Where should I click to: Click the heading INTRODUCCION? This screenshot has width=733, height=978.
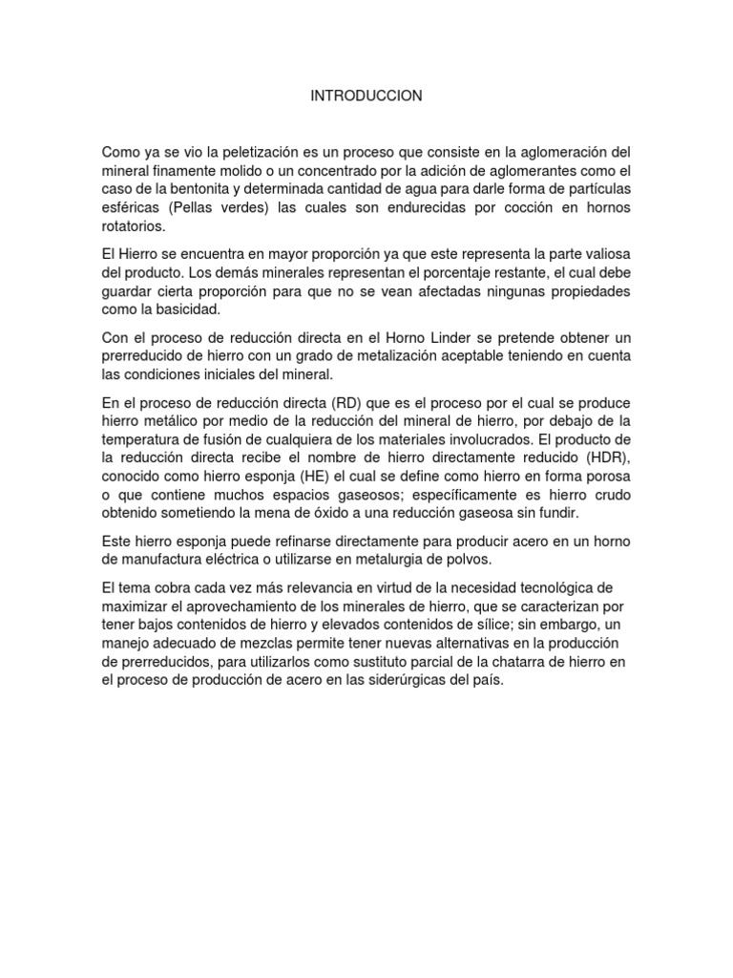coord(366,96)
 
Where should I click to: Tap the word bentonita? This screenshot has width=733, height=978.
coord(201,189)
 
